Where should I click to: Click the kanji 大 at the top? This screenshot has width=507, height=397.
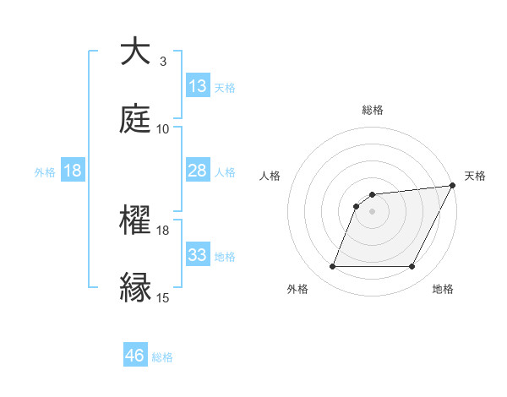136,52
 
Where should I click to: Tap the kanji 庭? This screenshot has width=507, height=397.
136,117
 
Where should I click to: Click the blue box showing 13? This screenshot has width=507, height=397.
198,86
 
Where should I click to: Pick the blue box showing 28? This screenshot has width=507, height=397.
198,171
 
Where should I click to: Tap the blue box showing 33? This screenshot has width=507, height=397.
198,255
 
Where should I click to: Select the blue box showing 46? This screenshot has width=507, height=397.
135,356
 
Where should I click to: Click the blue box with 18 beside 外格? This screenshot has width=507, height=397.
73,171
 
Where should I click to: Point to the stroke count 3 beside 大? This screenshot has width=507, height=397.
163,62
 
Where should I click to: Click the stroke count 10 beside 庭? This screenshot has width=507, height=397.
163,129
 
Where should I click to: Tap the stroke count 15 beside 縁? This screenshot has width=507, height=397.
163,298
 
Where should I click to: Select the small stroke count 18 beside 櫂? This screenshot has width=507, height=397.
163,230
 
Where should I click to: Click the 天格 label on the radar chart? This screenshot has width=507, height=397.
475,176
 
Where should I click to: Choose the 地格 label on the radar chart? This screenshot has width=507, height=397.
443,289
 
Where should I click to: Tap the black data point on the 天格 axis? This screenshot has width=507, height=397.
452,186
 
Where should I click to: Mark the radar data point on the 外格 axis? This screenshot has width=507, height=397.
332,267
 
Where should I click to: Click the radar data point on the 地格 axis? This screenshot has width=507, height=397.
412,267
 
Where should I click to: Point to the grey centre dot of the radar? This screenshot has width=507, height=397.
373,212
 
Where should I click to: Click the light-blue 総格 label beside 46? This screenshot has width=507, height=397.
162,357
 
